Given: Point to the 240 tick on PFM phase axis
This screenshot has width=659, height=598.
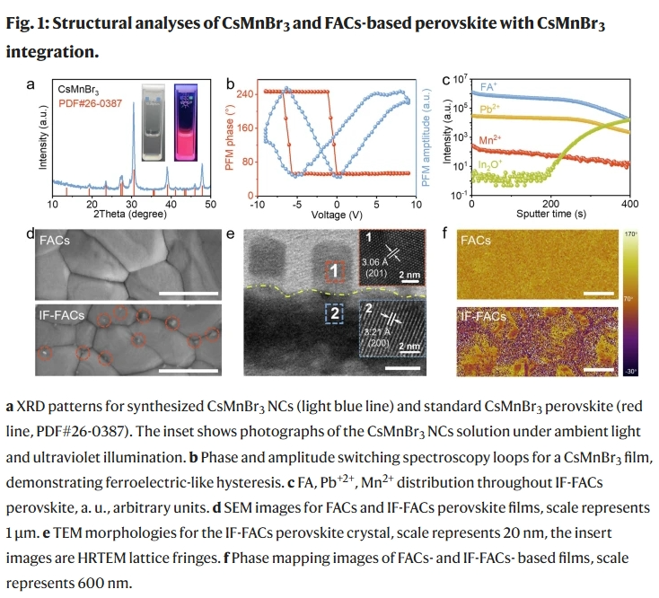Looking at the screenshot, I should [x=243, y=92].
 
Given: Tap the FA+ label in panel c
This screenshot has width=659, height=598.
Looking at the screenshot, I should [x=490, y=88].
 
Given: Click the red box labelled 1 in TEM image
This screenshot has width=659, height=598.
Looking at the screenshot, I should [x=331, y=270].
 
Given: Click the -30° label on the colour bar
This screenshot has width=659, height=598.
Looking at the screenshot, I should [x=631, y=370].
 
